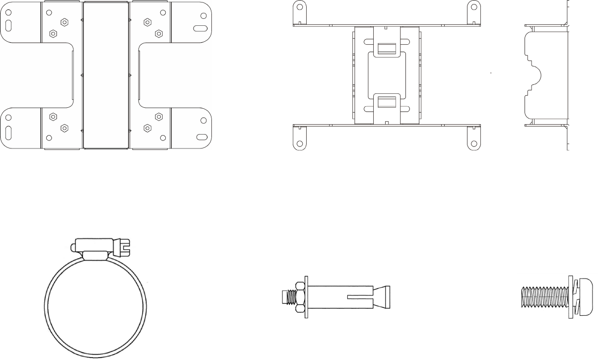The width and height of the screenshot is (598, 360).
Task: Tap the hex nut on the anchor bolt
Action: [299, 297]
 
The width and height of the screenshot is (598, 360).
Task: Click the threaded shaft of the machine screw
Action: [545, 297]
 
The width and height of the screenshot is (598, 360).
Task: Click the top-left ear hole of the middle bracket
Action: [299, 7]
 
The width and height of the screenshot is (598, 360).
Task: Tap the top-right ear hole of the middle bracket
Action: [473, 7]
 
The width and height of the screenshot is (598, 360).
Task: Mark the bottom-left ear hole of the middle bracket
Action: [299, 144]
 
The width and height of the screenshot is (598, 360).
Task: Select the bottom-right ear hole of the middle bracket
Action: [473, 144]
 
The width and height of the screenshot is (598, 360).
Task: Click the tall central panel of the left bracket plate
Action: [106, 75]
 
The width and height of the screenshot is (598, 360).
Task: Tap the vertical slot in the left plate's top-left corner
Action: [9, 26]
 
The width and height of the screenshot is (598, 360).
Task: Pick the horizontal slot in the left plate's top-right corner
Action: [201, 28]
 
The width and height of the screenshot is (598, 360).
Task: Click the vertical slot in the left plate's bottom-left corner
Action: [9, 135]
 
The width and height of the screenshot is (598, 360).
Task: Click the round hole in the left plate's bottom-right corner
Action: [203, 121]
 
